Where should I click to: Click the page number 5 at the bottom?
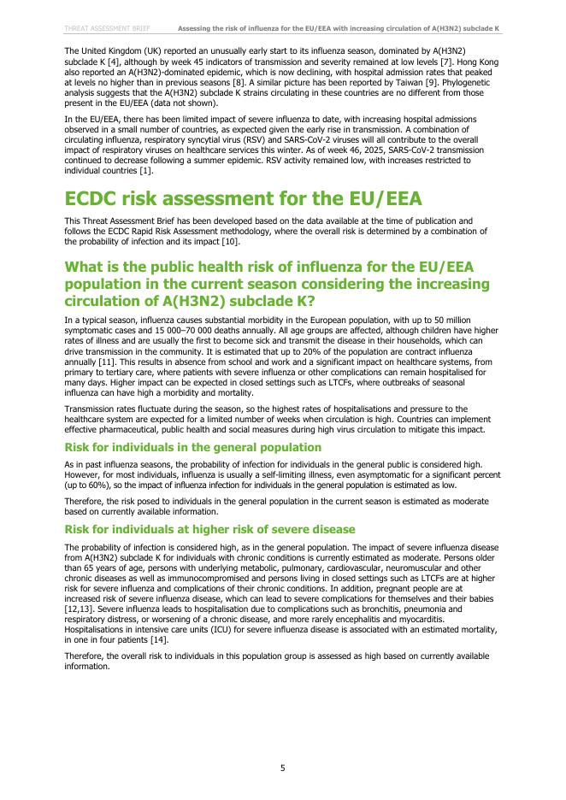point(283,768)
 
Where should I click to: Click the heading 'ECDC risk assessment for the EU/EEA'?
point(244,198)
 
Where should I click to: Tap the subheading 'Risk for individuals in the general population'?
point(193,447)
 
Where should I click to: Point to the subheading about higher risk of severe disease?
point(209,530)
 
